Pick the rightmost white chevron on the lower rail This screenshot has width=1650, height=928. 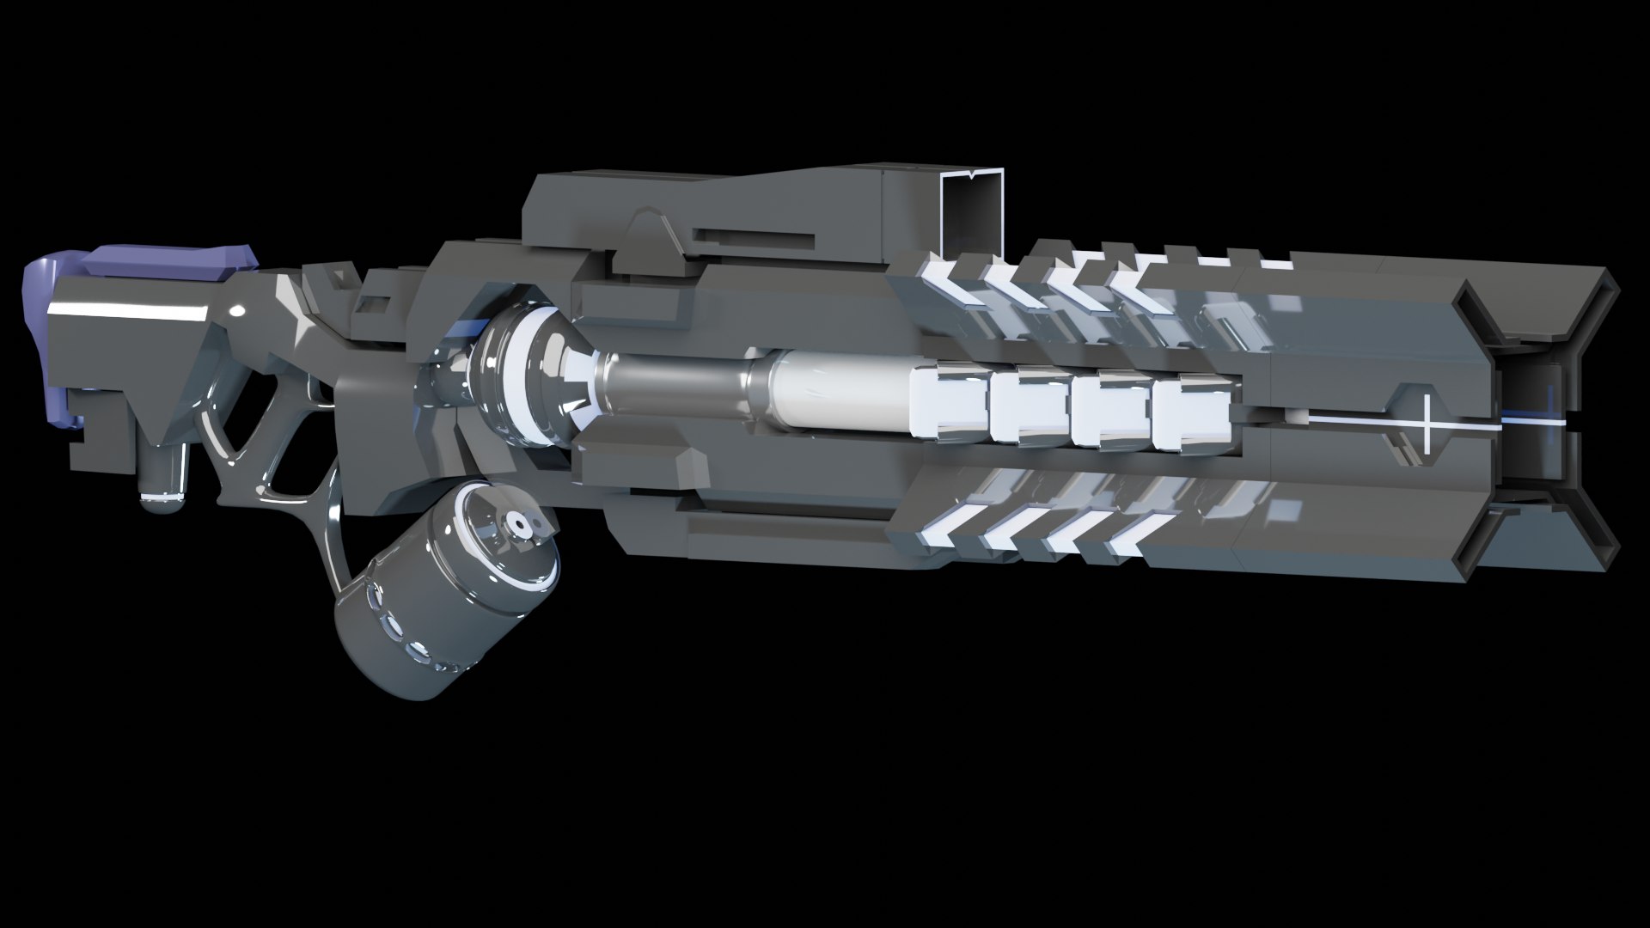click(x=1143, y=533)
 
